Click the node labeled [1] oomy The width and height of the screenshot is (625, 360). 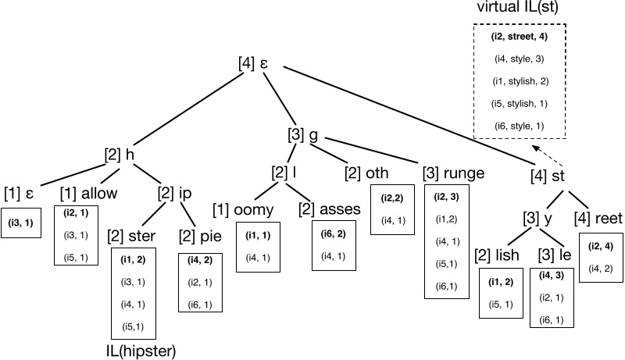244,209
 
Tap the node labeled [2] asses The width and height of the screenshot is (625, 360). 329,209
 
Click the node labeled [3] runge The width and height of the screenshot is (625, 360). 452,172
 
